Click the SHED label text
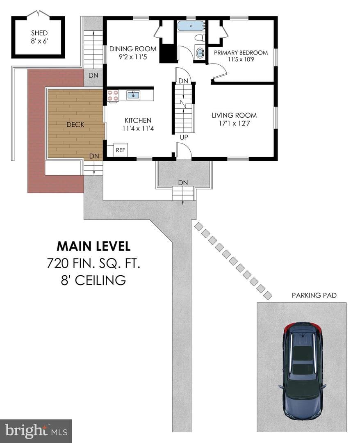[x=39, y=33]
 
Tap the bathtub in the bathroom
[x=191, y=26]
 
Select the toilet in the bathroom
[x=200, y=37]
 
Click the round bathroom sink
[x=201, y=52]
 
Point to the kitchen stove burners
[x=113, y=95]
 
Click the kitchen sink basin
[x=133, y=95]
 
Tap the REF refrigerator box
[x=121, y=150]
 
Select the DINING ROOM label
[x=133, y=49]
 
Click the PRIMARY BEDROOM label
[x=241, y=53]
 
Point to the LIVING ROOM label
[x=235, y=115]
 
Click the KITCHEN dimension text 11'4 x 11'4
[x=138, y=128]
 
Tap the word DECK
[x=75, y=124]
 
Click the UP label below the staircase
[x=184, y=137]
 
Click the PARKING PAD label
[x=314, y=295]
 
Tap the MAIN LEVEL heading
[x=93, y=246]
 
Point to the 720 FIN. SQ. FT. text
[x=93, y=264]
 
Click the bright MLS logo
[x=36, y=431]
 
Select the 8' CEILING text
[x=93, y=280]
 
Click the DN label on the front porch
[x=183, y=183]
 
